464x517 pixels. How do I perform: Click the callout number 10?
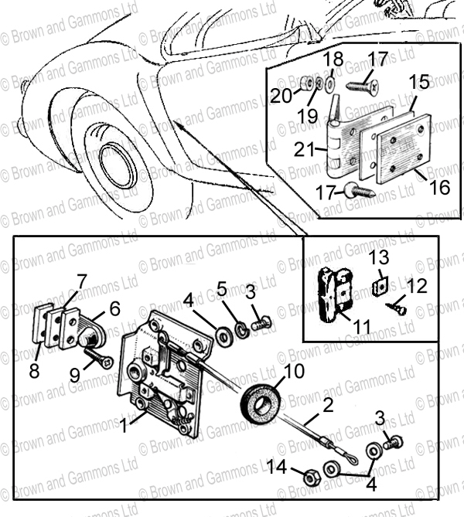[x=293, y=372]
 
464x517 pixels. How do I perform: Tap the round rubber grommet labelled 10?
[x=261, y=402]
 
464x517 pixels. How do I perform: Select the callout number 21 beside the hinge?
[x=305, y=151]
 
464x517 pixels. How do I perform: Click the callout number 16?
[x=440, y=187]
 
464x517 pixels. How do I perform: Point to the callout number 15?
[x=419, y=82]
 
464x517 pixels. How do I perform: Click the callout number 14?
[x=277, y=467]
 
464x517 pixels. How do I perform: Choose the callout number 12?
[x=417, y=286]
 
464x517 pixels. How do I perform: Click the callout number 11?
[x=361, y=326]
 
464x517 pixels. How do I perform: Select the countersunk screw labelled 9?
[x=100, y=357]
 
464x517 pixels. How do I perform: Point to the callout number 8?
[x=34, y=371]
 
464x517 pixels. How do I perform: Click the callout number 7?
[x=81, y=282]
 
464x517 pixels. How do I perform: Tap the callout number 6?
[x=114, y=309]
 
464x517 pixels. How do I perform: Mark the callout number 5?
[x=222, y=290]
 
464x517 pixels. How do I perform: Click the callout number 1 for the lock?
[x=124, y=425]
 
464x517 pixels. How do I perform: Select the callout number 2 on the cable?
[x=328, y=406]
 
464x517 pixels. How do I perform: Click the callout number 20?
[x=281, y=96]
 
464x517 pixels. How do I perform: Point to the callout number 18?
[x=333, y=60]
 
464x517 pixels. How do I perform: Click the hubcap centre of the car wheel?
[x=118, y=165]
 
